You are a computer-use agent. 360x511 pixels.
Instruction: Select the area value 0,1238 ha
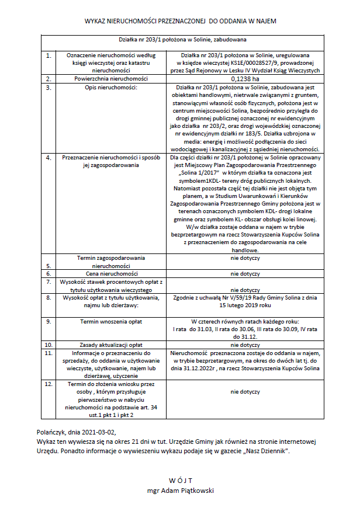point(244,78)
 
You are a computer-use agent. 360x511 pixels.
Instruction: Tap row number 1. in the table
point(49,55)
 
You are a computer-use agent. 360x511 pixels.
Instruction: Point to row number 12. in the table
point(50,385)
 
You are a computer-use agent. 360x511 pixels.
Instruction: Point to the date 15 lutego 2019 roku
point(245,305)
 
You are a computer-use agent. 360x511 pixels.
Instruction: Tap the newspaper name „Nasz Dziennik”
point(281,451)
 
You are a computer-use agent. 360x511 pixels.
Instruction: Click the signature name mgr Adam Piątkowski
point(180,491)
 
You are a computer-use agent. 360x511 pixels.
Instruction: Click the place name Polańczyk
point(51,432)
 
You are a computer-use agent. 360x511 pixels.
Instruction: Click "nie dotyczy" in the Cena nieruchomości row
point(245,273)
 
